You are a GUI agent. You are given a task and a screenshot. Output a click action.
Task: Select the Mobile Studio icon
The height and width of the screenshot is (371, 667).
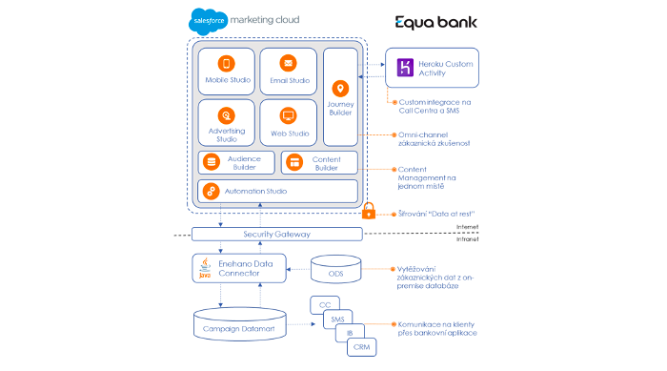click(227, 64)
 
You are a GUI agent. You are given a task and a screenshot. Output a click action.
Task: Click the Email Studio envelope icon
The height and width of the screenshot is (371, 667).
click(288, 63)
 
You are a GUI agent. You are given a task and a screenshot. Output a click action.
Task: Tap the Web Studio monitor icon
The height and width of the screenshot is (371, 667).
click(288, 116)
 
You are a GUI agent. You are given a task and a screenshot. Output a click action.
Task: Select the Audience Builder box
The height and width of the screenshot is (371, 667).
click(236, 162)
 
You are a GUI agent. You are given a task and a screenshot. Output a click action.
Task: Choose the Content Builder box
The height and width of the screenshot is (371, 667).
click(319, 162)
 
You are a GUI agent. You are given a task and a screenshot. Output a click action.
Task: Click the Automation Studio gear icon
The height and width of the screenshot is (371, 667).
click(212, 192)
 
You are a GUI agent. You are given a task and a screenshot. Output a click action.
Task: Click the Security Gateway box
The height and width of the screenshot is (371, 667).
click(277, 234)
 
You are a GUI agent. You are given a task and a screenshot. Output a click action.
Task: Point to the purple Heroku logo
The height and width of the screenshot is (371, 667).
click(404, 68)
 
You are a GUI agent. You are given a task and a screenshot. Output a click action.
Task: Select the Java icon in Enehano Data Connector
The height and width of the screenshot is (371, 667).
click(204, 270)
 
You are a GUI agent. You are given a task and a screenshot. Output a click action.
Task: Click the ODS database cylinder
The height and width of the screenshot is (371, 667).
click(335, 268)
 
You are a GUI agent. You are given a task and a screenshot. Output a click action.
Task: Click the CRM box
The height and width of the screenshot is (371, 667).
click(361, 346)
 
